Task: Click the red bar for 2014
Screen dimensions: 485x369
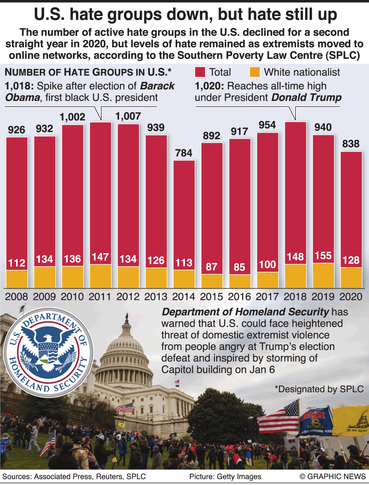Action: [x=184, y=213]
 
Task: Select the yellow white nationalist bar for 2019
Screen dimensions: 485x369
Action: [x=323, y=276]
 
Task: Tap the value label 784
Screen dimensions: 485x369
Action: [x=184, y=153]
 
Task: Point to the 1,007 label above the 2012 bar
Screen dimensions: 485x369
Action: [x=128, y=116]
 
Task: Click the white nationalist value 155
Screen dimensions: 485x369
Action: [x=323, y=256]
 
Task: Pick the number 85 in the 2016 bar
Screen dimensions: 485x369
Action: [x=239, y=267]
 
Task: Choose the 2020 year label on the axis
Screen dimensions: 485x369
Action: [x=351, y=296]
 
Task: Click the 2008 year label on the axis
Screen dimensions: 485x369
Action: [x=17, y=296]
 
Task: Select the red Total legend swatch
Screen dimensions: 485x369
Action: [x=200, y=72]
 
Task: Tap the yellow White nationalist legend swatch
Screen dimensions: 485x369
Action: [x=255, y=72]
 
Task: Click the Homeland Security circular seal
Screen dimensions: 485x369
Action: [x=48, y=352]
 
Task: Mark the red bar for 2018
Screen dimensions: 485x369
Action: [x=295, y=190]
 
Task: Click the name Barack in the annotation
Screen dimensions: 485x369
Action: [x=157, y=86]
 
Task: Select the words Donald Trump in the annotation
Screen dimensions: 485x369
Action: [x=306, y=97]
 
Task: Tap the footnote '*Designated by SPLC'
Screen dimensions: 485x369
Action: [x=319, y=389]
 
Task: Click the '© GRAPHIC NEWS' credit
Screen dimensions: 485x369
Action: [x=333, y=476]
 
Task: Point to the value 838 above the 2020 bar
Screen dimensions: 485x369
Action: [x=351, y=144]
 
